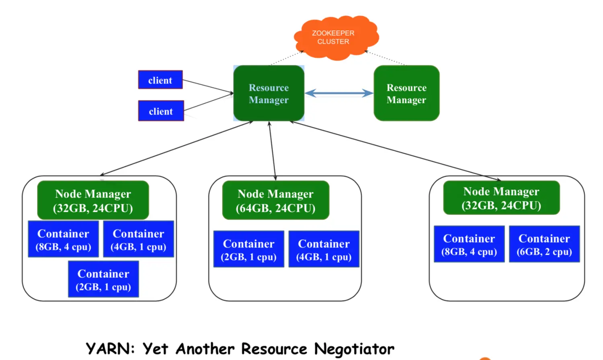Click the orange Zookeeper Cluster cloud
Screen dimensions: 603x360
coord(336,38)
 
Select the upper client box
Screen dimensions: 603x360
coord(160,80)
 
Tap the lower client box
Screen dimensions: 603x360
coord(161,111)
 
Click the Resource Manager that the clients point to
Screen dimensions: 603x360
coord(269,93)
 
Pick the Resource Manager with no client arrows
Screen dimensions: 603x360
coord(406,93)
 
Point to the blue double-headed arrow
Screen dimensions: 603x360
coord(339,93)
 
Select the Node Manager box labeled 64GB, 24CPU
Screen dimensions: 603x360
coord(276,200)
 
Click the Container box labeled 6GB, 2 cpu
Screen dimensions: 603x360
coord(544,244)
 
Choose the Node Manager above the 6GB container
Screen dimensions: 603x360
coord(502,198)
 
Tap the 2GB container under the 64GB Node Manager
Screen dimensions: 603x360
coord(249,249)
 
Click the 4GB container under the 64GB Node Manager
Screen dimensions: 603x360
coord(324,249)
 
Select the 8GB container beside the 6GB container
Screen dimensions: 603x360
coord(469,244)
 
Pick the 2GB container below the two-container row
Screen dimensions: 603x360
coord(103,279)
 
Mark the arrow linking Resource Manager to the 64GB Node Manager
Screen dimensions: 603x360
coord(273,151)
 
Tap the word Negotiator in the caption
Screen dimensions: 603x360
coord(354,349)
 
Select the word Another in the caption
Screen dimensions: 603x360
coord(205,349)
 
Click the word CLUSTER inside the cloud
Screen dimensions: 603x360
coord(333,42)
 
